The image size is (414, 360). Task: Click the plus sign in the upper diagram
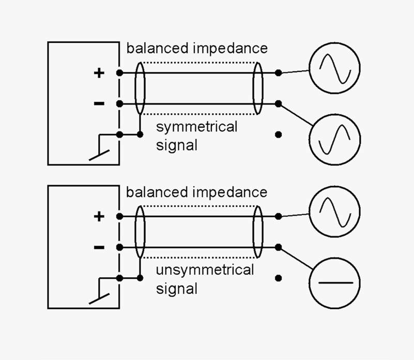[x=99, y=73]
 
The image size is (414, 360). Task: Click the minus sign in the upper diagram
[x=99, y=104]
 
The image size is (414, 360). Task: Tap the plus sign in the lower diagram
[x=99, y=216]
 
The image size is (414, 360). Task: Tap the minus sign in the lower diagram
[x=99, y=247]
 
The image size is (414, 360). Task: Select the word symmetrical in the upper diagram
[x=196, y=127]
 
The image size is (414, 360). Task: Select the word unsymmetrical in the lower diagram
[x=205, y=270]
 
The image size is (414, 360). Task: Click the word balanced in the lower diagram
[x=157, y=192]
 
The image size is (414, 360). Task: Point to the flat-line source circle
[x=334, y=283]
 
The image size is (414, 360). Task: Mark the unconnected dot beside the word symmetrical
[x=279, y=134]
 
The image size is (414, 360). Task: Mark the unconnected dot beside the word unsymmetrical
[x=279, y=278]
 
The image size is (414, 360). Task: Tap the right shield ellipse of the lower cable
[x=257, y=232]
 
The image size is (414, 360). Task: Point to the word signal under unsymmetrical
[x=177, y=288]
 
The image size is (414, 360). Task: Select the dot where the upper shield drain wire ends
[x=140, y=134]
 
